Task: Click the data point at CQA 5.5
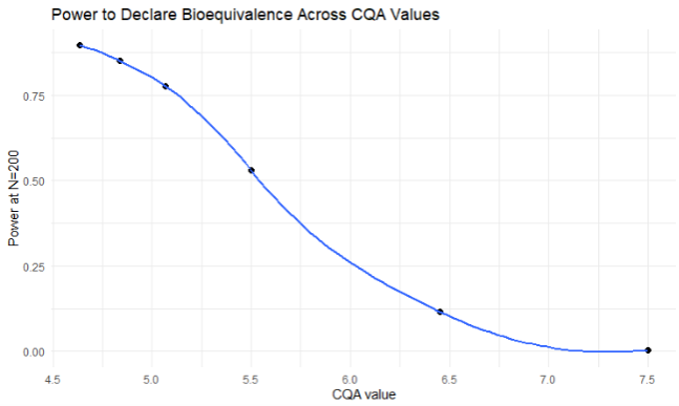pos(252,171)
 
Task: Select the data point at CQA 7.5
pos(648,350)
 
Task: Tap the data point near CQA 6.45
pos(440,312)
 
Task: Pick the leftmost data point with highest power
pos(80,45)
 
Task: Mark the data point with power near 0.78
pos(166,86)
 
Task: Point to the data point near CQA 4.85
pos(120,61)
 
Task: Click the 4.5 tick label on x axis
pos(53,379)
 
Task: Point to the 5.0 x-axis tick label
pos(152,379)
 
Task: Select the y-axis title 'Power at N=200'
pos(14,194)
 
